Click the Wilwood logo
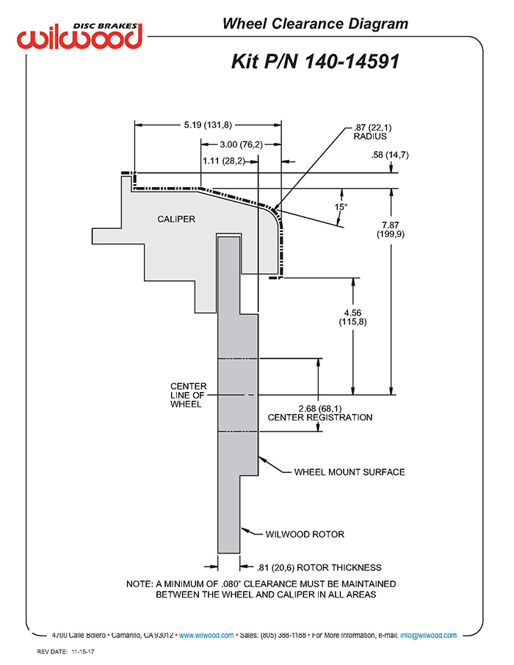pyautogui.click(x=80, y=34)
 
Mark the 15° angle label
pyautogui.click(x=340, y=207)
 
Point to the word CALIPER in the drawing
pyautogui.click(x=177, y=219)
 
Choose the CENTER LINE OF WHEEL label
pyautogui.click(x=189, y=395)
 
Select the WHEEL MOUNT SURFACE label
pyautogui.click(x=350, y=472)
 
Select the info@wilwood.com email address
pyautogui.click(x=430, y=635)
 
